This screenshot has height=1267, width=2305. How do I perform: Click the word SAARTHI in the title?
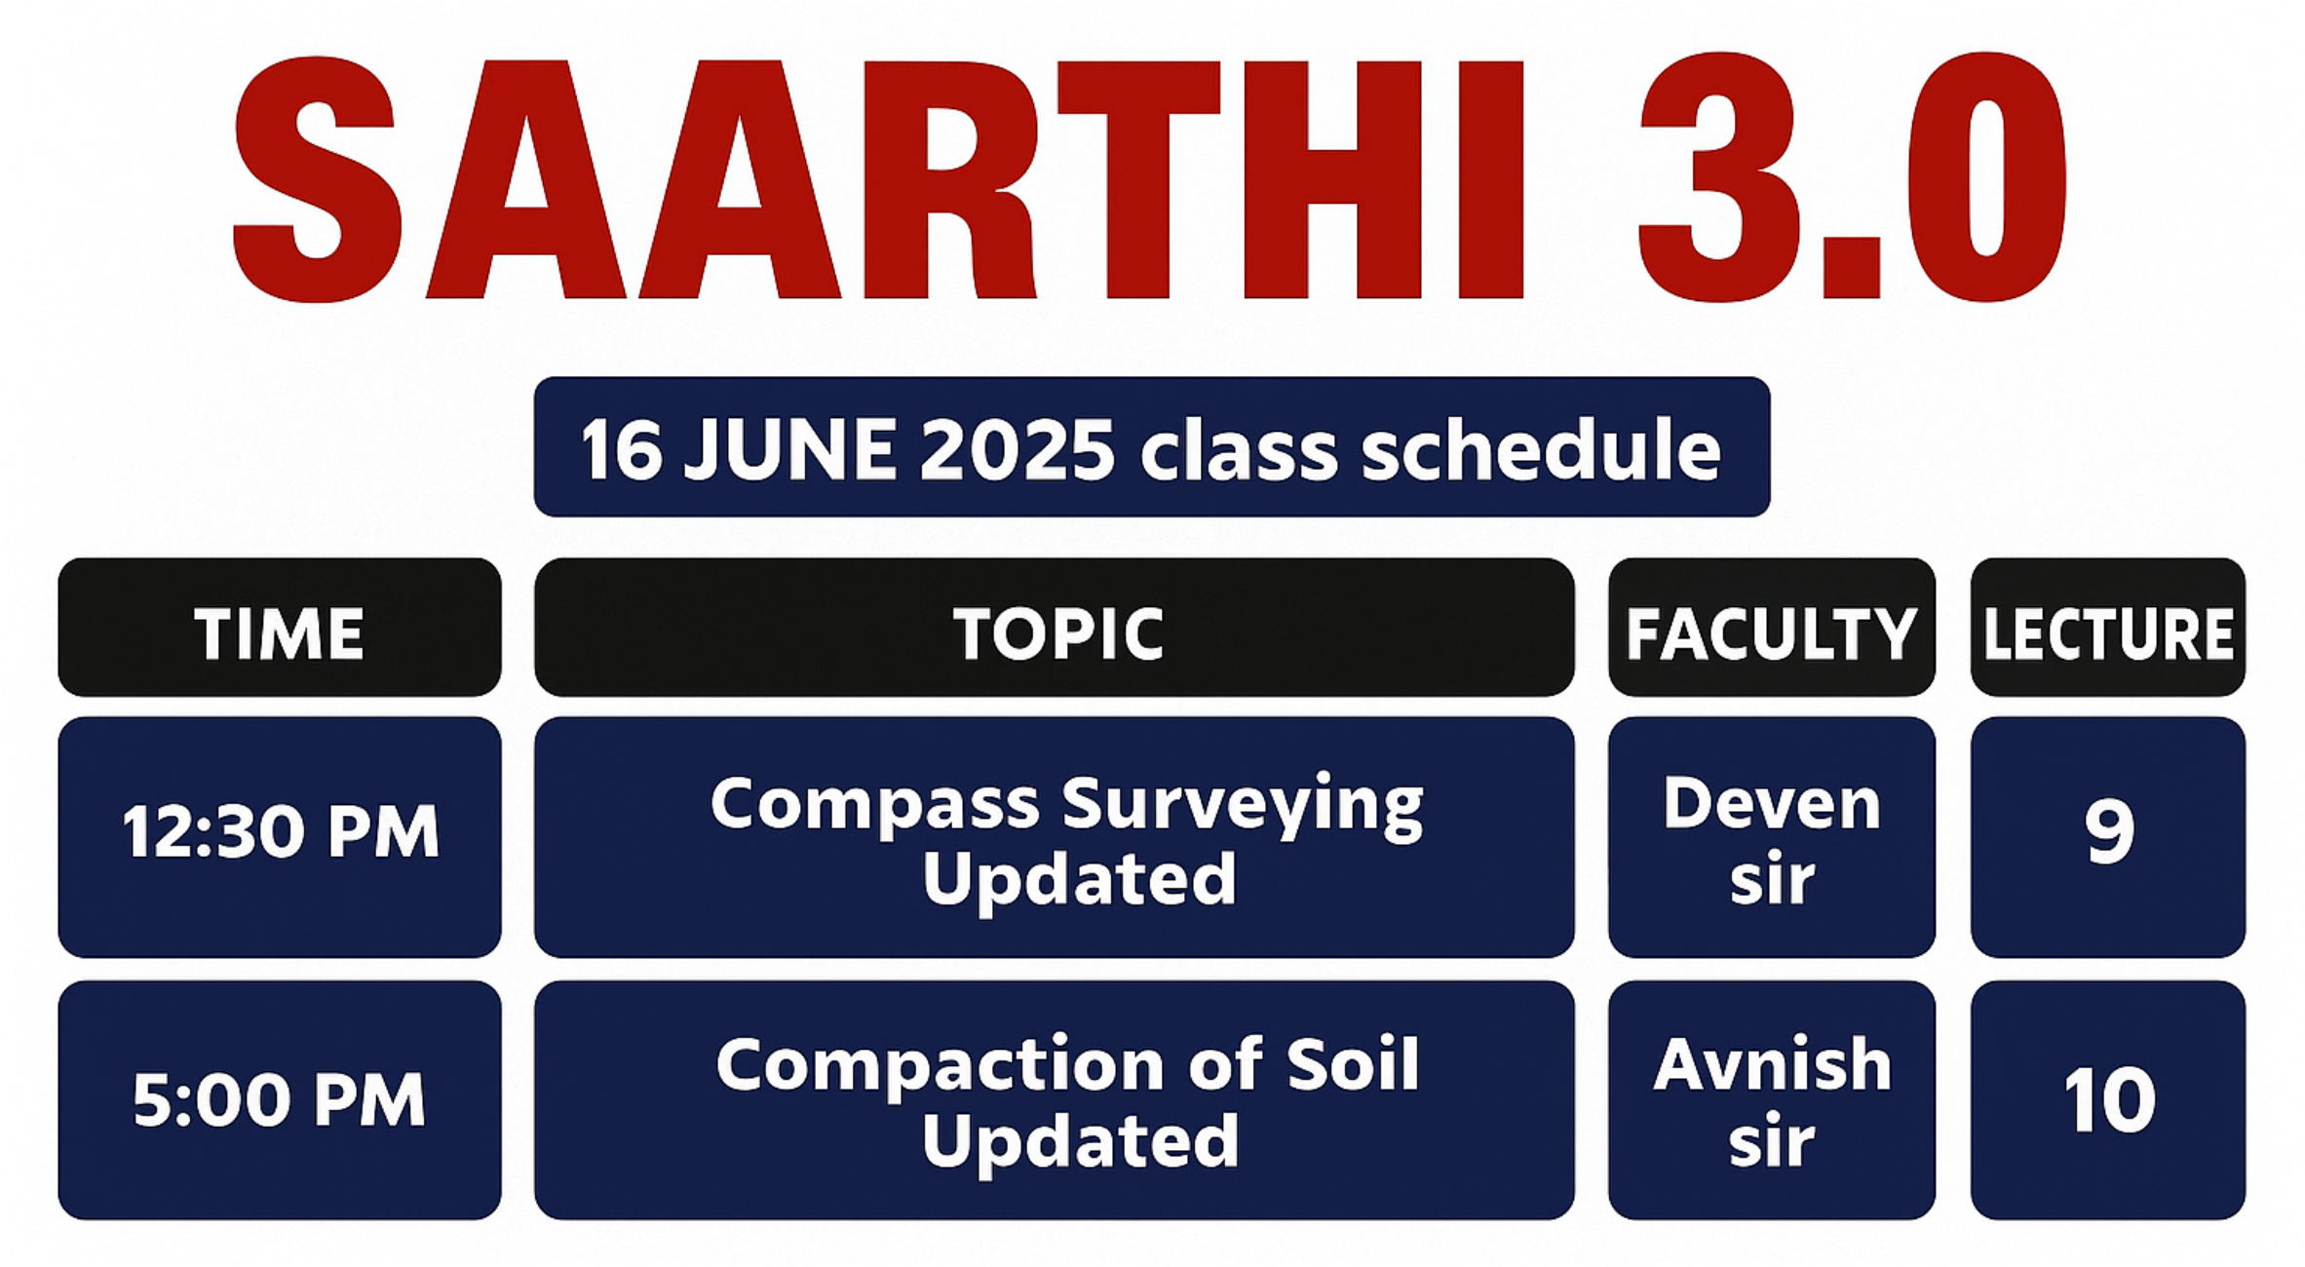click(x=877, y=177)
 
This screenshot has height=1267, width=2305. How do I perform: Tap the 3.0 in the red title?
click(x=1853, y=177)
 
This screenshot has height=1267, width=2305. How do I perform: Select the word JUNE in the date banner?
click(x=789, y=449)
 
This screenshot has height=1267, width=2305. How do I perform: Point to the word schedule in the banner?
click(x=1541, y=449)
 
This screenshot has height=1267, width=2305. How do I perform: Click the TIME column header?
click(x=279, y=633)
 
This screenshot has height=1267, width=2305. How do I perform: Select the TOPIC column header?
click(x=1058, y=633)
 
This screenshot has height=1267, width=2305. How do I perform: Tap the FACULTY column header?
click(x=1771, y=633)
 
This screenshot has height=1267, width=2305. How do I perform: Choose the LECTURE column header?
click(x=2108, y=633)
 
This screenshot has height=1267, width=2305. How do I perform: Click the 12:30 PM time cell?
click(x=280, y=832)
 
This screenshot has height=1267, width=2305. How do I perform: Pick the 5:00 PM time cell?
click(x=280, y=1099)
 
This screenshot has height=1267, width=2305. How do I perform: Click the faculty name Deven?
click(x=1771, y=805)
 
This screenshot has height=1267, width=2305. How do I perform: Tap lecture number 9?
click(x=2109, y=832)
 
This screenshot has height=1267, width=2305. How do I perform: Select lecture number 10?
click(x=2109, y=1099)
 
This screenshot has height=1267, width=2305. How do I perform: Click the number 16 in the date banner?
click(x=620, y=449)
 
